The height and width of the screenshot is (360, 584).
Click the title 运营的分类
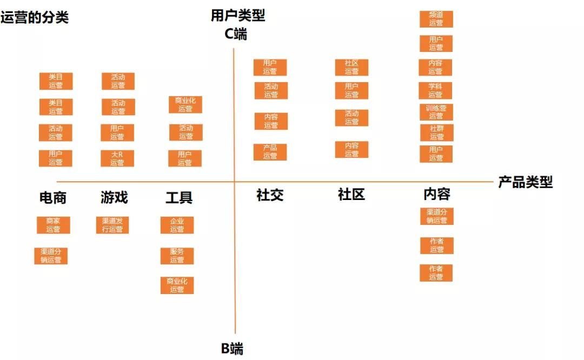(x=35, y=17)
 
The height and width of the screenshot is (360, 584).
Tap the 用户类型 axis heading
(x=237, y=16)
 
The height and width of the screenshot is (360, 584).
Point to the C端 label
(x=235, y=34)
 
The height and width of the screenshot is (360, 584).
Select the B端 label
(x=232, y=349)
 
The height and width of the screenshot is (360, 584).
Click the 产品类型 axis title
(x=526, y=182)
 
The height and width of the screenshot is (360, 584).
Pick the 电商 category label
(x=53, y=198)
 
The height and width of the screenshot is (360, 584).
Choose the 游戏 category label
(x=114, y=197)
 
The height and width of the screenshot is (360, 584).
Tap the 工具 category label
(x=179, y=197)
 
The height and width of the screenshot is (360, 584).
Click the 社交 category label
(x=270, y=195)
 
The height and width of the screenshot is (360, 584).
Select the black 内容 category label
(x=437, y=194)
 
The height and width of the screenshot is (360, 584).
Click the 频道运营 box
(x=436, y=19)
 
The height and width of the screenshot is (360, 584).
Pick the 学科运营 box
(x=435, y=90)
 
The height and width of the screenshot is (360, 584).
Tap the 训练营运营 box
(x=436, y=112)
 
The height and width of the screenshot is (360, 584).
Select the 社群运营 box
(x=437, y=133)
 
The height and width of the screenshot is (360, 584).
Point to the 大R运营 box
(x=117, y=158)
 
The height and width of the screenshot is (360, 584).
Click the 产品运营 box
(x=270, y=152)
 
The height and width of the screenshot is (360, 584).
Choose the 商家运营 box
(x=53, y=225)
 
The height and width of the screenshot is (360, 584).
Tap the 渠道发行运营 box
(x=112, y=225)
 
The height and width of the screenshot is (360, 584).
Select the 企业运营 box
(x=177, y=225)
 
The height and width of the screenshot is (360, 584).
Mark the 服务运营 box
(x=177, y=256)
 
